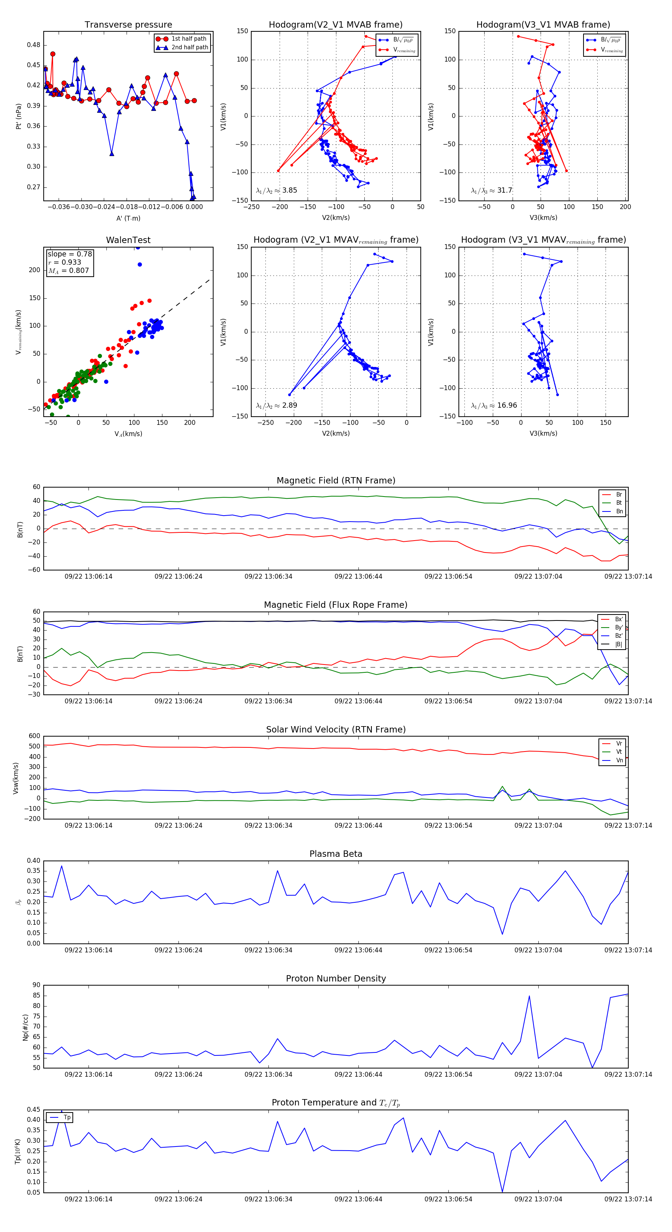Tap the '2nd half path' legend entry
tap(189, 47)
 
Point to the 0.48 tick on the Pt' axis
tap(34, 45)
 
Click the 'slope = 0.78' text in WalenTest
tap(69, 254)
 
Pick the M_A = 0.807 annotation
tap(68, 271)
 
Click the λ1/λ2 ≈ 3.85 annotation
tap(276, 190)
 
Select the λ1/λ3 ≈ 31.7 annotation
tap(491, 190)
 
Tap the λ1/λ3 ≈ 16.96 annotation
tap(494, 405)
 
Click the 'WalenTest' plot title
tap(128, 240)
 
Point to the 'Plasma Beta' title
tap(336, 854)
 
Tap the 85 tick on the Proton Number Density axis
tap(36, 996)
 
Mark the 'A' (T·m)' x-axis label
tap(128, 218)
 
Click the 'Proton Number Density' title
tap(336, 979)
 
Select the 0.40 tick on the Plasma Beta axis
tap(34, 861)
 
